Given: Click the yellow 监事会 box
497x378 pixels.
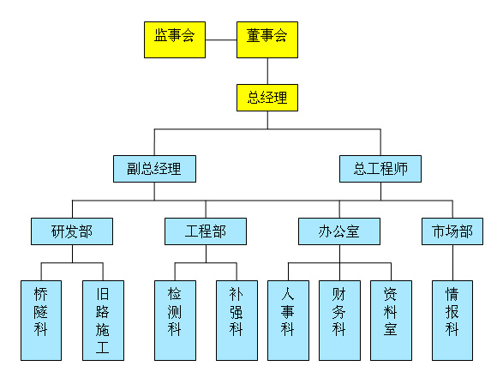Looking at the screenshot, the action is click(175, 39).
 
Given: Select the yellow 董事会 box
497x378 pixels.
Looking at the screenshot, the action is click(267, 39).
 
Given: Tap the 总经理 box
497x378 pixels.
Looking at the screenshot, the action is click(267, 98).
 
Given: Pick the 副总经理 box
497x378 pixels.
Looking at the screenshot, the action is click(155, 169).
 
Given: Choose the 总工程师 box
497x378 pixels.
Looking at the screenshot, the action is click(380, 169).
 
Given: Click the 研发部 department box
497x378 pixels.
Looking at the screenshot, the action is click(72, 231).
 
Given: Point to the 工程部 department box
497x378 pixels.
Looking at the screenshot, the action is click(206, 231).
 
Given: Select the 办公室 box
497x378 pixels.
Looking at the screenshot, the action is click(339, 231).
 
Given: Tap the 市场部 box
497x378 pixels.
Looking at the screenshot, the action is click(452, 231).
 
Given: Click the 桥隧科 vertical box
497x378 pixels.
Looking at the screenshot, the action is click(41, 321).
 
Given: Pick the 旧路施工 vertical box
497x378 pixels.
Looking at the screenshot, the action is click(103, 321).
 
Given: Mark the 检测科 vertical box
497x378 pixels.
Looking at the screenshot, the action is click(175, 321).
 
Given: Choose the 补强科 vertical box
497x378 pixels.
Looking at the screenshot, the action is click(237, 321).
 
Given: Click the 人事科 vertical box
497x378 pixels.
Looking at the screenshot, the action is click(288, 321).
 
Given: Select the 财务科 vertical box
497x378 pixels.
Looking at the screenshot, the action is click(339, 321).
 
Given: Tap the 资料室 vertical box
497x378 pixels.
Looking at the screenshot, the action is click(391, 321).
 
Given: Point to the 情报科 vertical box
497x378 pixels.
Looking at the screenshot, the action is click(452, 321).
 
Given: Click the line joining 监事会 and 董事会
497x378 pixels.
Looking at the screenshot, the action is click(221, 40).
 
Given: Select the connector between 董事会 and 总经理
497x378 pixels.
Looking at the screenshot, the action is click(267, 71).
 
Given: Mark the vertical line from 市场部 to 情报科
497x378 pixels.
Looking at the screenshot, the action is click(452, 262).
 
